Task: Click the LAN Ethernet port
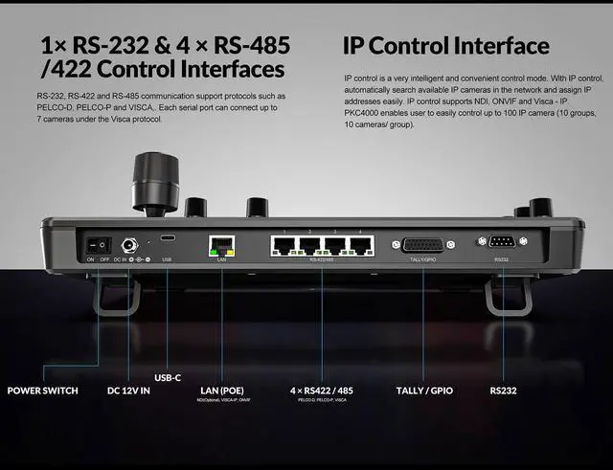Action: coord(221,244)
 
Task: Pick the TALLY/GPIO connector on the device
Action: coord(422,244)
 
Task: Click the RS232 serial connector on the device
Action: coord(501,243)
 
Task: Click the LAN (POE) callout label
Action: coord(221,391)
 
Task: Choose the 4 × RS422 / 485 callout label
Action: coord(322,391)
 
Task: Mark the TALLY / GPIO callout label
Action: coord(424,391)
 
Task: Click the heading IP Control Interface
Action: coord(445,45)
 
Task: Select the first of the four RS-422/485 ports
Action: coord(284,244)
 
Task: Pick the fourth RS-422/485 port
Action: coord(359,244)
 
